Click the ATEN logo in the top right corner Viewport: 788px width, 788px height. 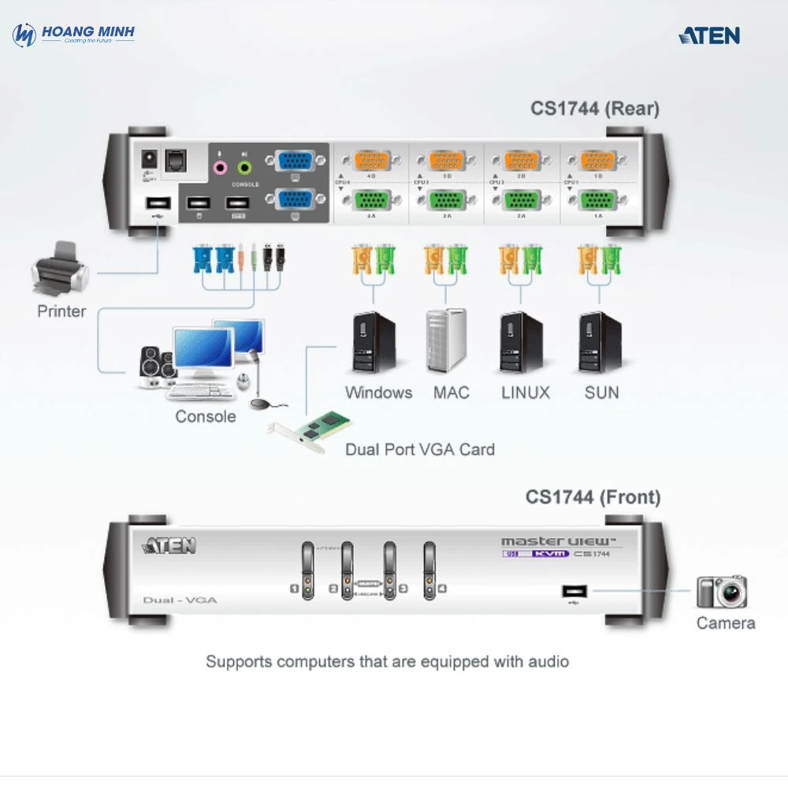click(708, 35)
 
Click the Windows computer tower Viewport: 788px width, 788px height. click(374, 342)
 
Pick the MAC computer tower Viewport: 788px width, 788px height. click(446, 340)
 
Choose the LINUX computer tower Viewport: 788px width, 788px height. click(521, 342)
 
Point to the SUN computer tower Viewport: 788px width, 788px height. click(600, 342)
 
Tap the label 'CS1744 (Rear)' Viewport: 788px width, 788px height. click(595, 108)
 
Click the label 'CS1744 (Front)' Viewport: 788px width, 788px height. click(593, 497)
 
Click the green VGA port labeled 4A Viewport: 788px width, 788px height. click(370, 201)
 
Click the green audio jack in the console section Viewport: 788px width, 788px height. click(246, 166)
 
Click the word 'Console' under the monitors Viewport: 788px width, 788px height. click(205, 416)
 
